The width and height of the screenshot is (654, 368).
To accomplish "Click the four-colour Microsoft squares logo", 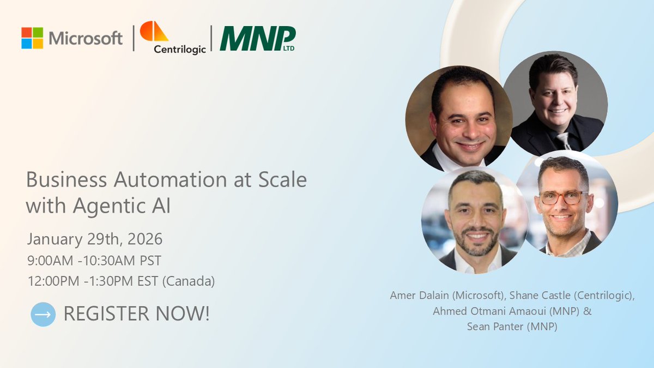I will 32,38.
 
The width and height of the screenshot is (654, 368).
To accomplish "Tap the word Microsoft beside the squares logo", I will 86,39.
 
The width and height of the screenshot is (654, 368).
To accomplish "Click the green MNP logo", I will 257,39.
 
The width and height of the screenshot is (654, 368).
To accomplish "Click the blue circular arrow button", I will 43,314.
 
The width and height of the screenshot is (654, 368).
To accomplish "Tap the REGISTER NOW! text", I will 136,314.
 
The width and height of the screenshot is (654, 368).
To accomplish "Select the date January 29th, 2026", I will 95,239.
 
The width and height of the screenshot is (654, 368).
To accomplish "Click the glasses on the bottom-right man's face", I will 560,198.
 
